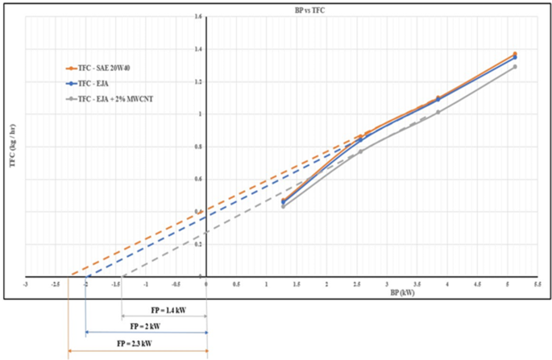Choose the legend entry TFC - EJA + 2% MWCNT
click(110, 98)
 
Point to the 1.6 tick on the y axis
click(198, 17)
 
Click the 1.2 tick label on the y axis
click(198, 81)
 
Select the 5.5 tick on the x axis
click(538, 283)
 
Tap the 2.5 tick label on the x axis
click(356, 283)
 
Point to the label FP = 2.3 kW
click(138, 344)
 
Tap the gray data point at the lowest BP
click(284, 207)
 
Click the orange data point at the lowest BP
click(284, 201)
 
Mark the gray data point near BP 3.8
click(438, 112)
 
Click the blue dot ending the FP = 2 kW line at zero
click(207, 332)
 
